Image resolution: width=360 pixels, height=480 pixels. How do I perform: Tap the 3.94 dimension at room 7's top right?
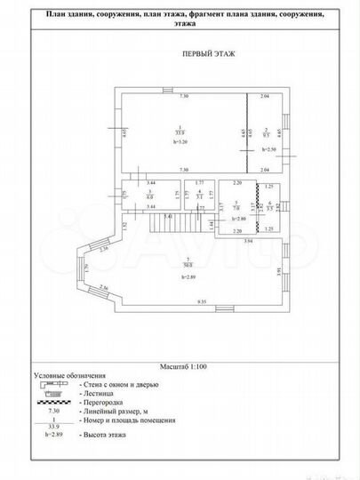click(x=248, y=241)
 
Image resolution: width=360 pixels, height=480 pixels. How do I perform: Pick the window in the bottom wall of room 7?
click(x=203, y=309)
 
